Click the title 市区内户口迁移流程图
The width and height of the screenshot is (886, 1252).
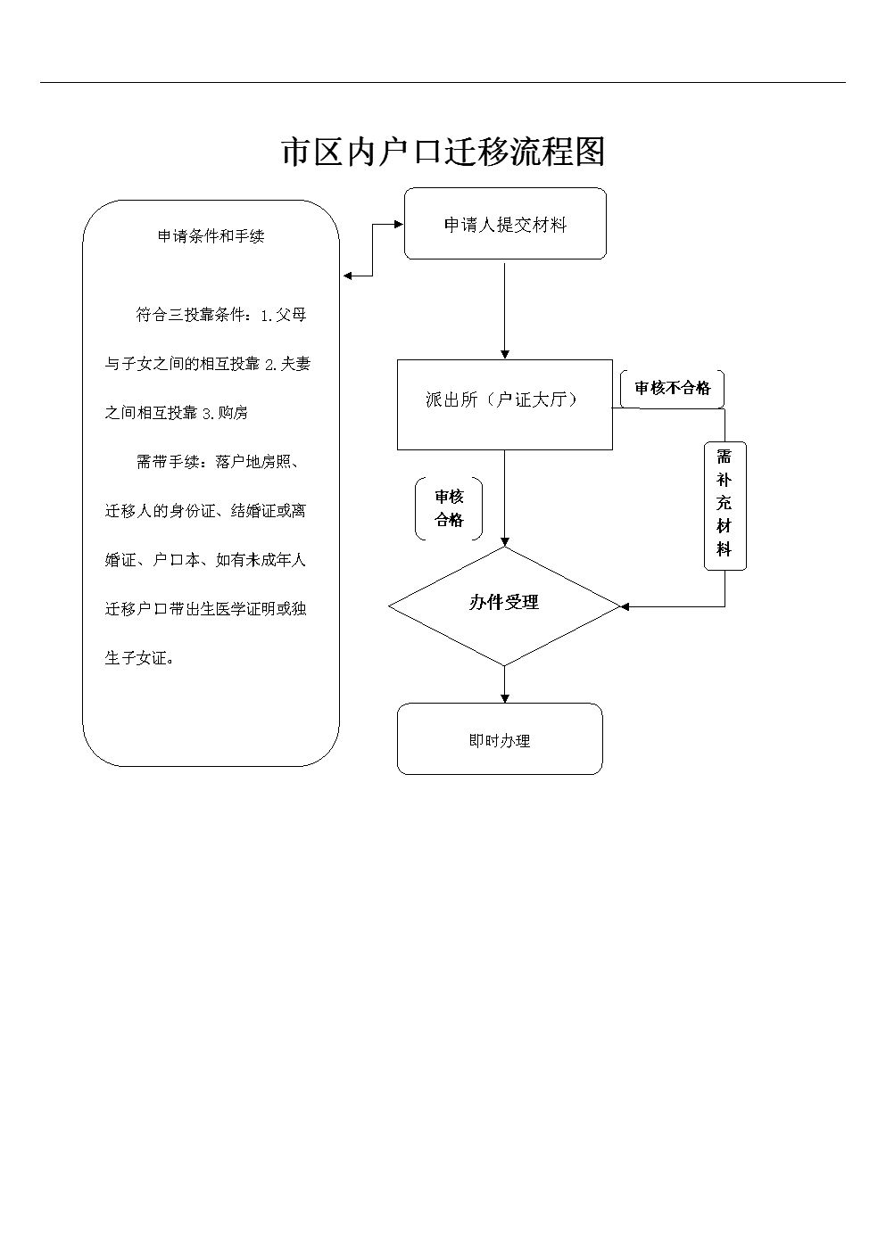tap(443, 152)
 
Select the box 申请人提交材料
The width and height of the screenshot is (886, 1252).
tap(505, 225)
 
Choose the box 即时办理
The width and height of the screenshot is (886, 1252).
tap(500, 739)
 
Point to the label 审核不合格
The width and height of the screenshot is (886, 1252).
tap(672, 389)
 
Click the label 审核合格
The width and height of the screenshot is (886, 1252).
tap(449, 509)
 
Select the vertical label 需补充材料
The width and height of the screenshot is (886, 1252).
tap(725, 505)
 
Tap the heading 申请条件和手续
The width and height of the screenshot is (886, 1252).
tap(211, 236)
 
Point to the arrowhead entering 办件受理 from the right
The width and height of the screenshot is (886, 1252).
tap(625, 606)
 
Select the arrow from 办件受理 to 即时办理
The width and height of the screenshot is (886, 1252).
tap(505, 684)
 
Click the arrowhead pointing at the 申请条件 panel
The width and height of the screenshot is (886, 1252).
tap(348, 276)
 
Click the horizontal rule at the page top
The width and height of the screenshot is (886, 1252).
tap(443, 83)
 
